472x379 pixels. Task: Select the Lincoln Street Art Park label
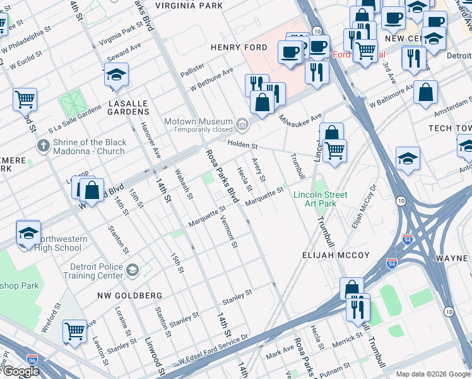pos(320,199)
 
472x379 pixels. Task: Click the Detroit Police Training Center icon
pos(133,270)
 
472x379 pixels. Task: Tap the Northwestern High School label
pos(59,243)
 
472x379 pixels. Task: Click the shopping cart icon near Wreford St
pos(75,330)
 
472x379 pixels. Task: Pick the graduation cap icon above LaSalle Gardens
pos(116,76)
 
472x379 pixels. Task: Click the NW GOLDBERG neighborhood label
pos(129,296)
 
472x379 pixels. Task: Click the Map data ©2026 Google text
pos(433,374)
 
